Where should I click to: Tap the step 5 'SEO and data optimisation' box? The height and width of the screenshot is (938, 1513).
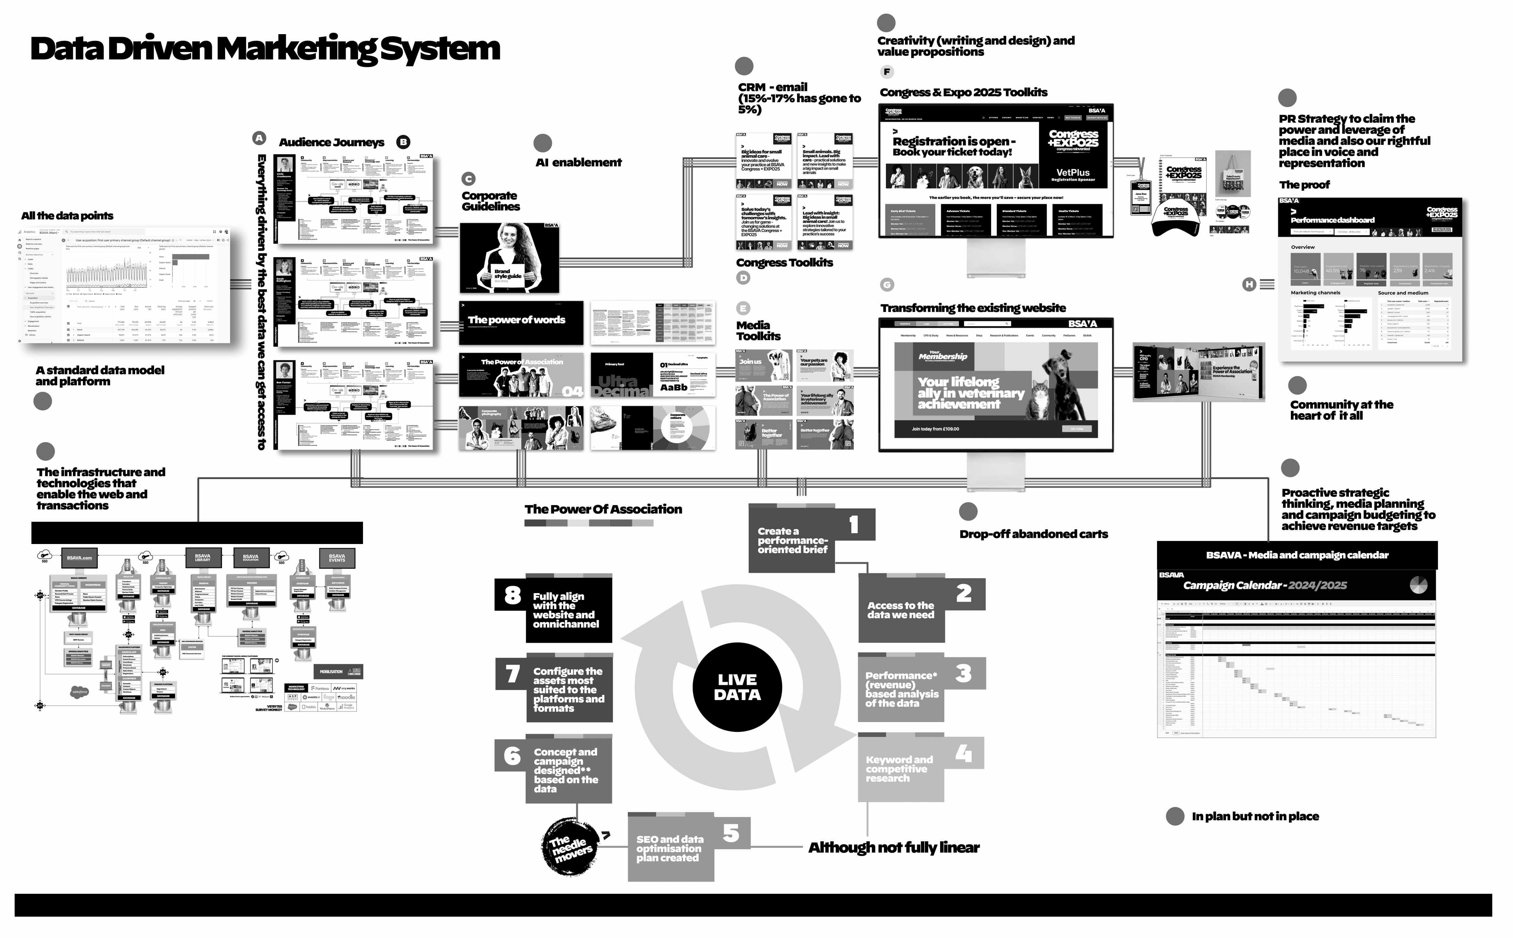670,848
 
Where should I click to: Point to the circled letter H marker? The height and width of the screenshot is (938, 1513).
1249,284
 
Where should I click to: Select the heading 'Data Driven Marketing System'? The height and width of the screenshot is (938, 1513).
265,48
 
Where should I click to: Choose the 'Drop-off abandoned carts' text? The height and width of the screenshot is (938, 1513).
1033,534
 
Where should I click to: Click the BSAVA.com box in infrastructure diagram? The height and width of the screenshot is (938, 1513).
79,558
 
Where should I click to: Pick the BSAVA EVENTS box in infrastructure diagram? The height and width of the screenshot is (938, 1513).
337,558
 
